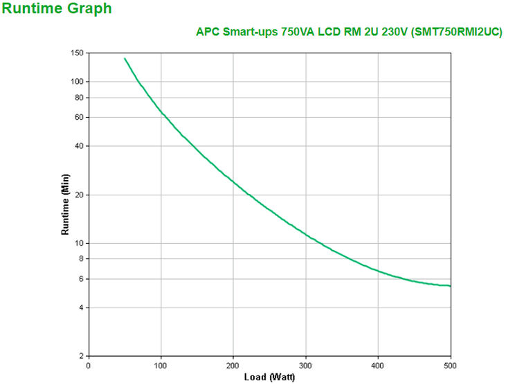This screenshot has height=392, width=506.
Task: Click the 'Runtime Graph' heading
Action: coord(57,9)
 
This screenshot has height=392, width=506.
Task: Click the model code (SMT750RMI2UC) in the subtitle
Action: coord(457,33)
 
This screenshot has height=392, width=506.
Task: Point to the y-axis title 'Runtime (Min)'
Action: coord(66,204)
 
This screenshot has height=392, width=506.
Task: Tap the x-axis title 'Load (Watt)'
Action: coord(269,377)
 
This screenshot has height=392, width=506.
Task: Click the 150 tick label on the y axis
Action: coord(77,53)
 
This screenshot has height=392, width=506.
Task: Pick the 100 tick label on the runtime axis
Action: coord(77,82)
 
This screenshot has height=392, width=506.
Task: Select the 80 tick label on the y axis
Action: coord(79,98)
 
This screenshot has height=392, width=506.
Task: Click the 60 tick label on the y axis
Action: coord(79,118)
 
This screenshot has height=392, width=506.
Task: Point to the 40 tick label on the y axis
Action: coord(79,146)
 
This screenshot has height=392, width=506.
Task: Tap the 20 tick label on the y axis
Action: coord(79,195)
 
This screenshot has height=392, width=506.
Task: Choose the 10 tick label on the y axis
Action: coord(79,244)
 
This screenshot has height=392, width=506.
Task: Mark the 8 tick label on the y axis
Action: coord(81,259)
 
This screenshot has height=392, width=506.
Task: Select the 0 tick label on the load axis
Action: coord(89,365)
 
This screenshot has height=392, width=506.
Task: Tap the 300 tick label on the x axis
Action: coord(305,365)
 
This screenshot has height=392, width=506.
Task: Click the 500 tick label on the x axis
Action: coord(450,365)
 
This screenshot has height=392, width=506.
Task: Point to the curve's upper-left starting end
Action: coord(125,58)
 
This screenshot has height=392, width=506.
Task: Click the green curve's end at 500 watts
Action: coord(450,286)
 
